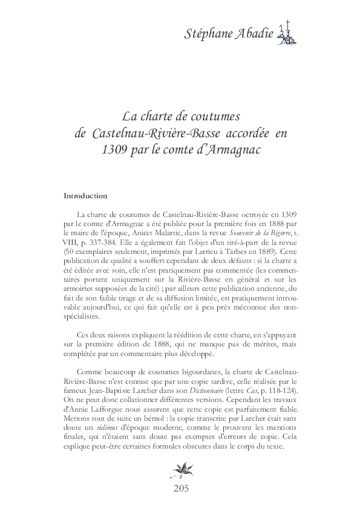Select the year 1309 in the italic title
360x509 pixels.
(x=116, y=149)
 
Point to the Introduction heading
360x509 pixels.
(x=85, y=196)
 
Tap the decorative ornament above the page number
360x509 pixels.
(x=180, y=468)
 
